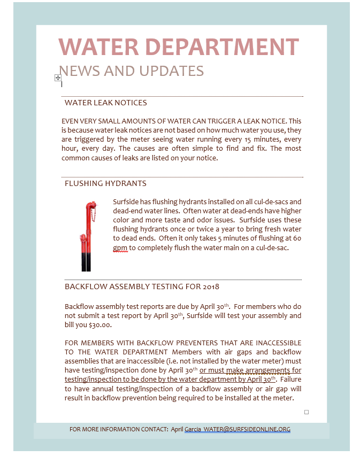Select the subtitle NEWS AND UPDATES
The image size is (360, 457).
tap(131, 71)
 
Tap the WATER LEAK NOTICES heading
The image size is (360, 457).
tap(105, 103)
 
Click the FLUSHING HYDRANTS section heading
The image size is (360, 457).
tap(105, 183)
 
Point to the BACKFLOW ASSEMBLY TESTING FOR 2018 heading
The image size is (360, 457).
tap(142, 286)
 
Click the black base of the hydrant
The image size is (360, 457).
tap(86, 262)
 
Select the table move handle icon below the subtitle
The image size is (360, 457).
tap(58, 78)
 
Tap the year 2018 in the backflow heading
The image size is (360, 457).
tap(211, 286)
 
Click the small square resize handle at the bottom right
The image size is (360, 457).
tap(307, 412)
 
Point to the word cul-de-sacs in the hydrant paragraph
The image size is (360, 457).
tap(270, 202)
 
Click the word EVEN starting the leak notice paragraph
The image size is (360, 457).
tap(71, 121)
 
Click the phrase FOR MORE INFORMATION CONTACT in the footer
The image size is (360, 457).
tap(118, 429)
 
